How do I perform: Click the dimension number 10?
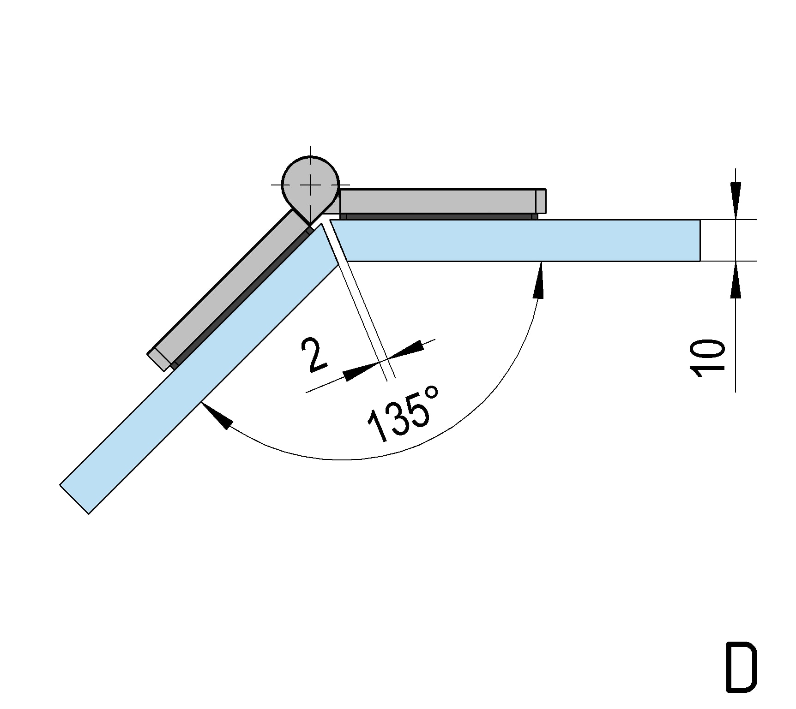click(x=707, y=358)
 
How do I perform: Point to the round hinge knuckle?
click(x=311, y=185)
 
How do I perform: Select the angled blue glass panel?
click(x=199, y=369)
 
